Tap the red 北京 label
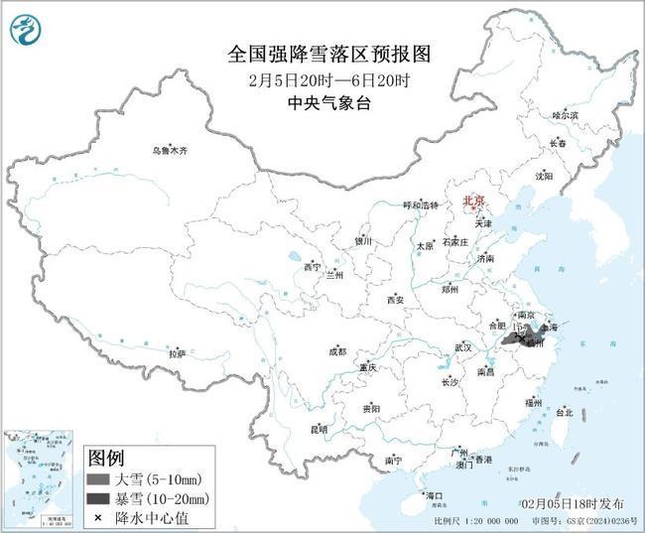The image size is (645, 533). pos(473,201)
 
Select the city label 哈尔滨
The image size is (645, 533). pos(565,115)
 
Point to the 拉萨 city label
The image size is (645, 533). pos(178,352)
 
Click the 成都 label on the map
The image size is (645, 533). pos(337,350)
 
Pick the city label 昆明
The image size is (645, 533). pos(319,429)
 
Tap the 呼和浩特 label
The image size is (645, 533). pos(419,204)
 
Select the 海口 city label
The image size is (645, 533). pos(434,494)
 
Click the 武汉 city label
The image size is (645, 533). pos(463,347)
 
